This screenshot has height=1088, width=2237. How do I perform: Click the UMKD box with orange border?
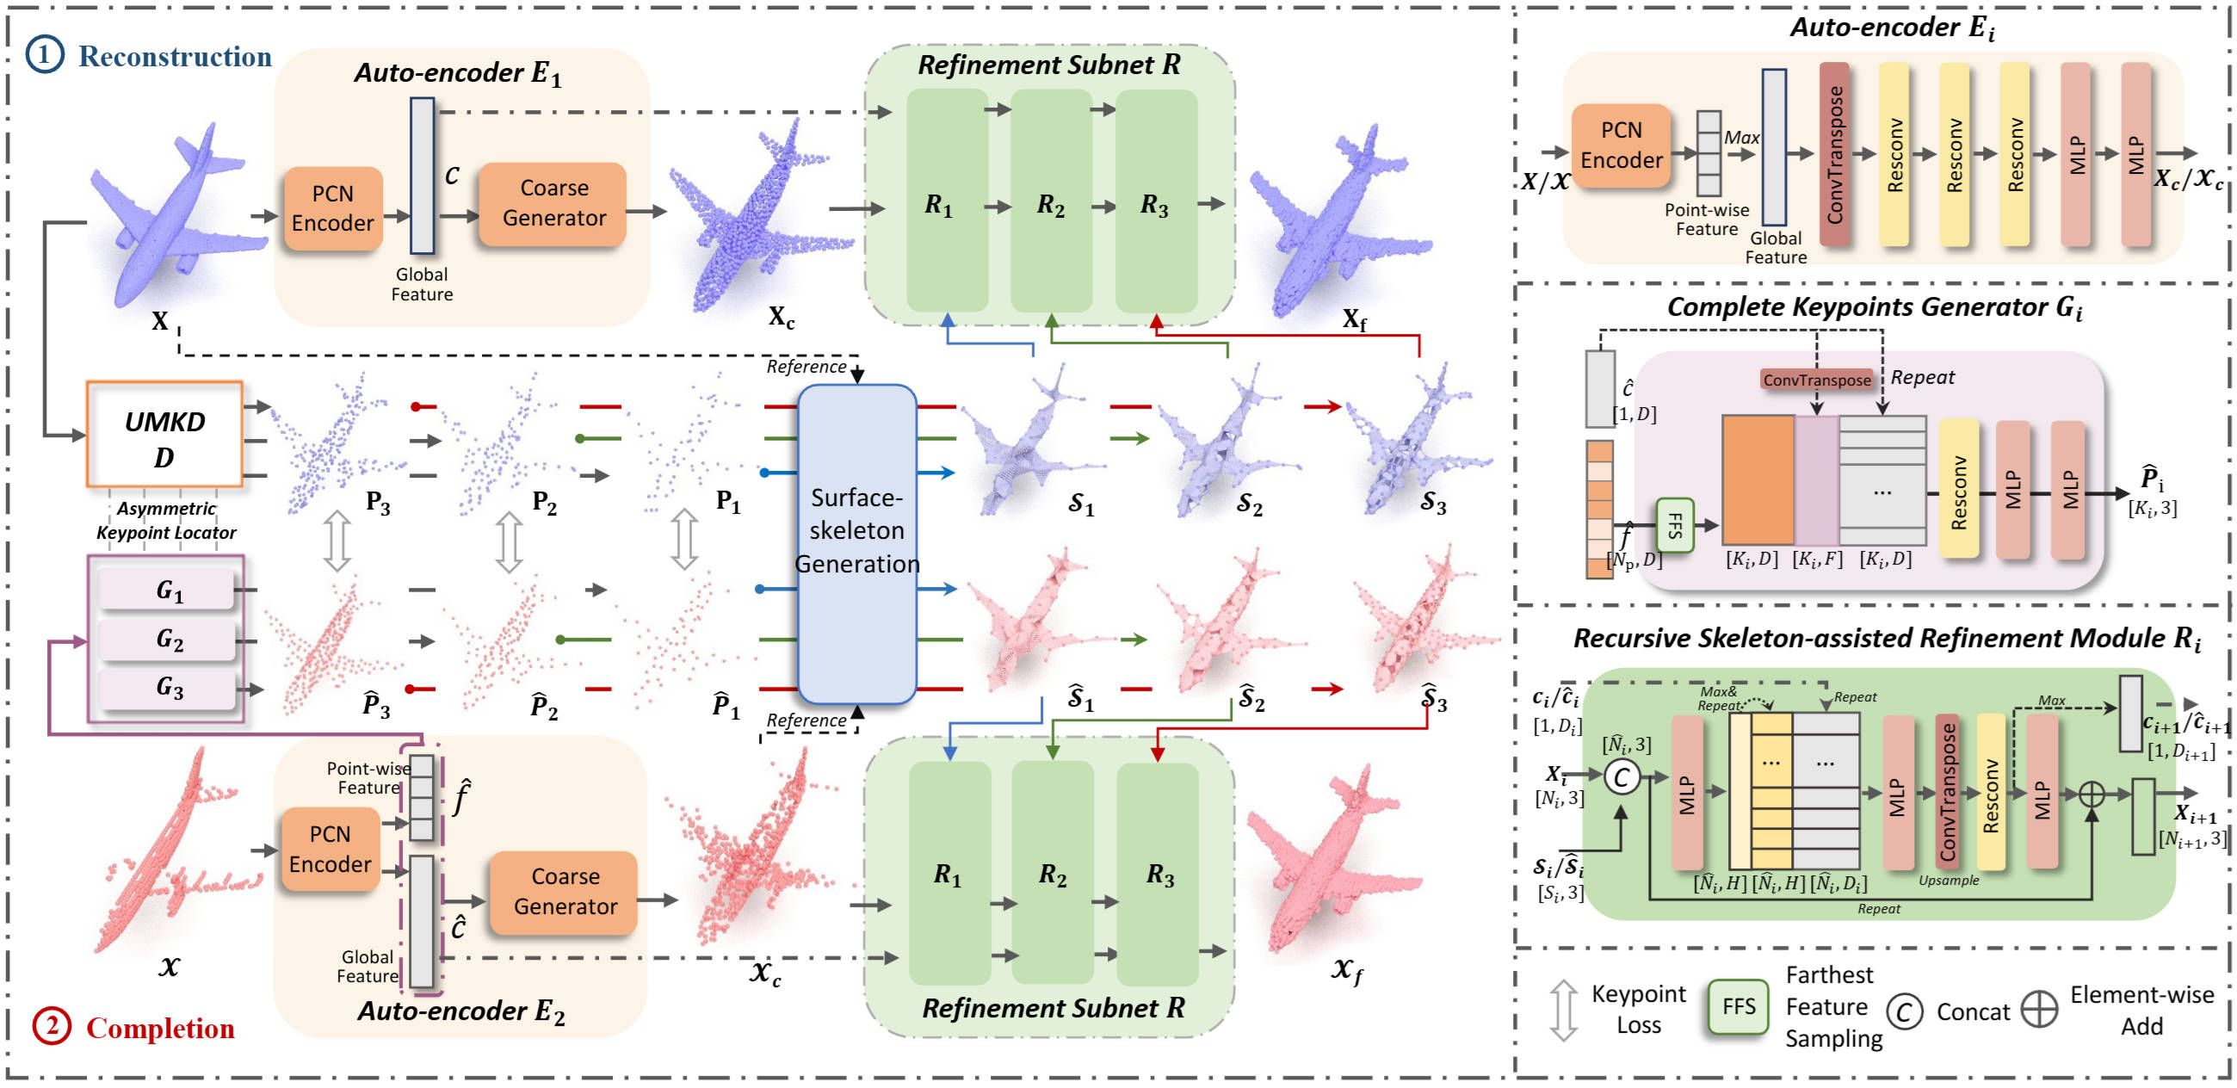164,433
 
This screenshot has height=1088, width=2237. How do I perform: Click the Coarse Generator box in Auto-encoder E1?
553,203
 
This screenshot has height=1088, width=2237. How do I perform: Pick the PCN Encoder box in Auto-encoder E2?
330,849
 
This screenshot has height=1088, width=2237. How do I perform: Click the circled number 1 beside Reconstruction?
43,55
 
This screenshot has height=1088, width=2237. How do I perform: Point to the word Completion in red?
161,1027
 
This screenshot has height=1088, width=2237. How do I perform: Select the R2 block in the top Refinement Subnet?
1051,201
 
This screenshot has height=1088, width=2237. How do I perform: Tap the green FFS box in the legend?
1738,1006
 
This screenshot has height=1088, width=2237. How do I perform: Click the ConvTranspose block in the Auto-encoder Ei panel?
1834,154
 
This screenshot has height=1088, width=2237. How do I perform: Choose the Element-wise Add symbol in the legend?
2038,1009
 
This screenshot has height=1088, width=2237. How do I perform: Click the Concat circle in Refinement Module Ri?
1621,776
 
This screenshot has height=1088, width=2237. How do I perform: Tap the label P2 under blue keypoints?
545,502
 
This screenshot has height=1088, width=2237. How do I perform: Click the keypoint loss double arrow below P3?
337,540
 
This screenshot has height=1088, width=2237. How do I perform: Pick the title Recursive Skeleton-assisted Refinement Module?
1886,638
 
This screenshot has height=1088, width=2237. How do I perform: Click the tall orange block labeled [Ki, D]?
1757,480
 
